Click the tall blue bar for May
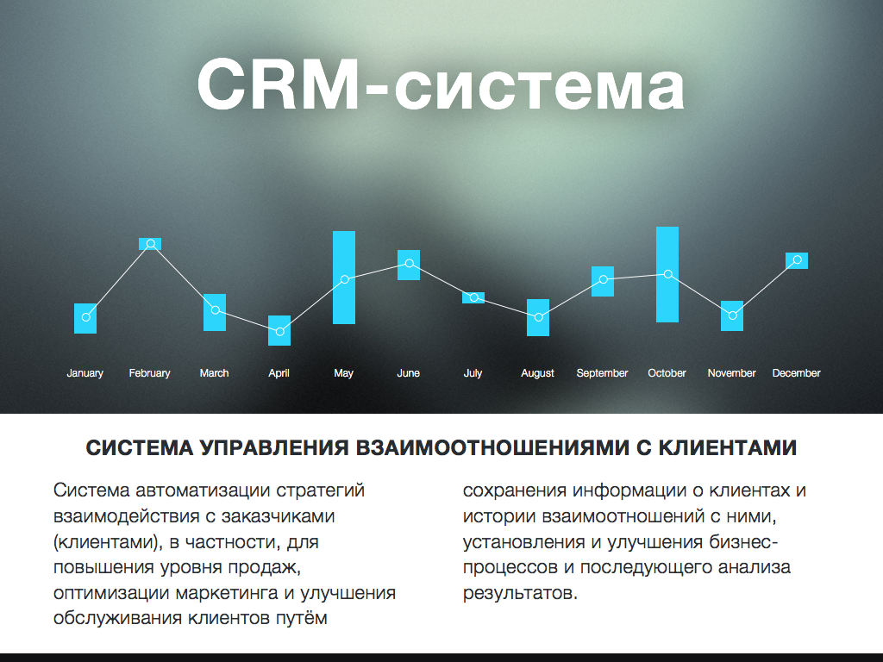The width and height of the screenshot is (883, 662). pos(344,278)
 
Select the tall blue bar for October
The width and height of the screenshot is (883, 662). pos(667,275)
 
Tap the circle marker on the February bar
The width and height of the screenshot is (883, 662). pos(150,244)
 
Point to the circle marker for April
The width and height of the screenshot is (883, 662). pos(279,332)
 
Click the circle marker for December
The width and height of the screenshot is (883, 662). pos(797,260)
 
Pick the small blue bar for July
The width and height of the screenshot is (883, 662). pos(473,297)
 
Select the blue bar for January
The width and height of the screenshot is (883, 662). pos(85,319)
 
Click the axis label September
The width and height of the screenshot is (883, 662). pos(602,373)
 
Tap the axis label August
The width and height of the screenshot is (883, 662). pos(537,373)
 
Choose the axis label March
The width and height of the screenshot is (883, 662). pos(214,373)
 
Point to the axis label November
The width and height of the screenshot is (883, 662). pos(731,373)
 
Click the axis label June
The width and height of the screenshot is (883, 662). pos(408,373)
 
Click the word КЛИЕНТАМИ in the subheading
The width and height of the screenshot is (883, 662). pos(728,447)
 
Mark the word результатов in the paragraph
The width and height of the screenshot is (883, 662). pos(520,593)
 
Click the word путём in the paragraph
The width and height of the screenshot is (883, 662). pos(301,618)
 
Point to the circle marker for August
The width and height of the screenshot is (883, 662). pos(538,317)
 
